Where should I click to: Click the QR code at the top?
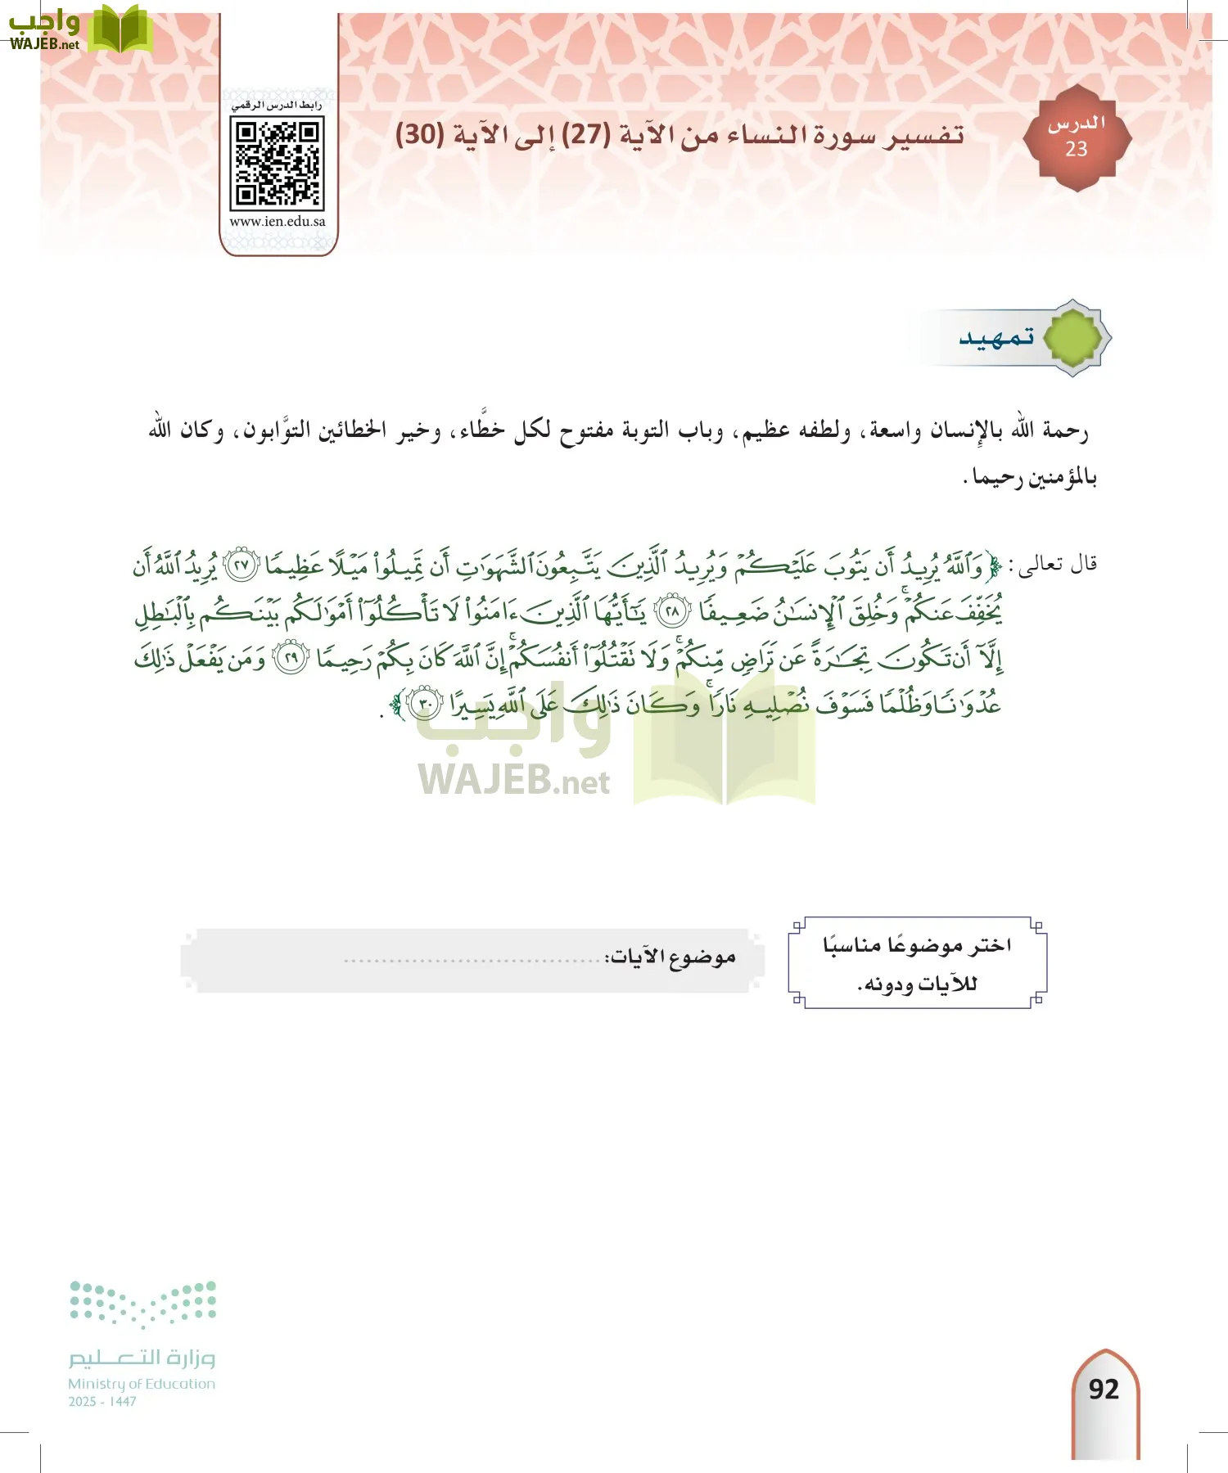pyautogui.click(x=277, y=163)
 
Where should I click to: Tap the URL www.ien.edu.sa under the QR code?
pyautogui.click(x=277, y=221)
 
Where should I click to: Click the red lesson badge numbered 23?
pyautogui.click(x=1077, y=138)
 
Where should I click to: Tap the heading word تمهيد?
pyautogui.click(x=996, y=336)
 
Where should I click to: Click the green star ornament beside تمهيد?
pyautogui.click(x=1073, y=337)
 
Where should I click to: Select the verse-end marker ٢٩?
pyautogui.click(x=291, y=658)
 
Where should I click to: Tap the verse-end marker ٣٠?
pyautogui.click(x=426, y=703)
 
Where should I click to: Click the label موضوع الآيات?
pyautogui.click(x=670, y=957)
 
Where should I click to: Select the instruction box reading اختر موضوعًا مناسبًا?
pyautogui.click(x=917, y=962)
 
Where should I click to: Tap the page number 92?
pyautogui.click(x=1104, y=1389)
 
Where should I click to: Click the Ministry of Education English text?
pyautogui.click(x=141, y=1384)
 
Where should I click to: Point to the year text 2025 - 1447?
pyautogui.click(x=102, y=1402)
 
